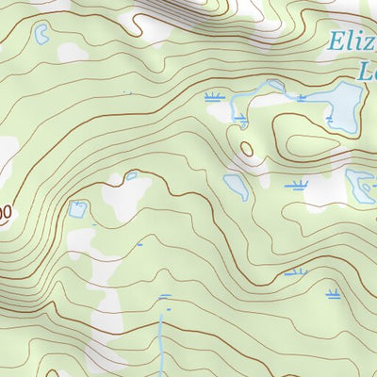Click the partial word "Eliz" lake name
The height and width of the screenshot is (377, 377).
pos(351,41)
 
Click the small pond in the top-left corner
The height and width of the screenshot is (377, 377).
pos(41,35)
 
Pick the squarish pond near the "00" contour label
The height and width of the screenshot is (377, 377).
pos(77,208)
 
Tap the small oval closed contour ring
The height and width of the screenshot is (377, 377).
pos(247,149)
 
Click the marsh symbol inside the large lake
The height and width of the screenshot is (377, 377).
pos(330,120)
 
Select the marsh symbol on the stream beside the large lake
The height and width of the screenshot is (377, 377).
pos(302,97)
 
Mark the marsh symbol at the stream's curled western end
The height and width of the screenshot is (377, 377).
pos(242,118)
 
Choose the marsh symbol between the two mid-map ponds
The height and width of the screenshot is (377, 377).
pos(297,185)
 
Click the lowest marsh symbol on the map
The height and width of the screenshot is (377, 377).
pos(333,294)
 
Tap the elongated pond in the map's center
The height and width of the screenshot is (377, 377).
pos(236,186)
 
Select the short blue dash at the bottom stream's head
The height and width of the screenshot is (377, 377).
pos(166,296)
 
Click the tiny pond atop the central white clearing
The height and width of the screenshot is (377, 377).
pos(131,175)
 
